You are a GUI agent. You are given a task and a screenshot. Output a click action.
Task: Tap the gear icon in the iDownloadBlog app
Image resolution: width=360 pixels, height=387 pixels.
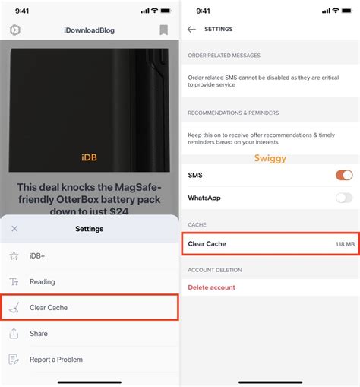[x=14, y=30]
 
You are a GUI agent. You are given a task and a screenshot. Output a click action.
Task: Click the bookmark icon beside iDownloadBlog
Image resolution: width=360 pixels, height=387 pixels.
[x=163, y=30]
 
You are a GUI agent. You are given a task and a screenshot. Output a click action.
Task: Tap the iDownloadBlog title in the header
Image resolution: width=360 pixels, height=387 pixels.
[x=90, y=30]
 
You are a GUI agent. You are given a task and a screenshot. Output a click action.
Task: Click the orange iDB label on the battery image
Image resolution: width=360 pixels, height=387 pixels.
[x=90, y=157]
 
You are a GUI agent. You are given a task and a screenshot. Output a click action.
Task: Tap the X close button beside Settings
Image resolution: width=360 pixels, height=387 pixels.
[x=14, y=228]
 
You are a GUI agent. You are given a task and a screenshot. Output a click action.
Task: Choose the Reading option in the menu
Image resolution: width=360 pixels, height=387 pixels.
[x=43, y=282]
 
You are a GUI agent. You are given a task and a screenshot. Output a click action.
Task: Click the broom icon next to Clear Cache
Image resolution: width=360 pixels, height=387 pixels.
[x=14, y=308]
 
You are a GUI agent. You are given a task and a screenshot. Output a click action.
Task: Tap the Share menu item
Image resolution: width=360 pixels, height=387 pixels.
[x=39, y=334]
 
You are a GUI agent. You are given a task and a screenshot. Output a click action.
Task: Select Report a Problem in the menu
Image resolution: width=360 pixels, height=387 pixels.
[x=56, y=360]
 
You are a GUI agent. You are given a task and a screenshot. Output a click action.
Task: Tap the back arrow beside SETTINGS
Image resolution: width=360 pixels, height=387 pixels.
[x=191, y=29]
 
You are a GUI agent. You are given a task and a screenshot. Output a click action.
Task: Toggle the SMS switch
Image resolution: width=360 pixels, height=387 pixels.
[x=344, y=176]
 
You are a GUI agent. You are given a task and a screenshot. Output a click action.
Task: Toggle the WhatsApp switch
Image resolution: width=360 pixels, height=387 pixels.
[x=344, y=198]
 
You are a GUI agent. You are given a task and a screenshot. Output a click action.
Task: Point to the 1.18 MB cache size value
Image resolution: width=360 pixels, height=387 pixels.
[x=344, y=244]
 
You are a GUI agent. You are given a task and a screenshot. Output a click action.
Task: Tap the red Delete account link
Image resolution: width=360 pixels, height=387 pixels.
[x=212, y=287]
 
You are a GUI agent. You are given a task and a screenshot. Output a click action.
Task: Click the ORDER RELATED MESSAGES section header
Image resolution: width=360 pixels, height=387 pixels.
[x=224, y=56]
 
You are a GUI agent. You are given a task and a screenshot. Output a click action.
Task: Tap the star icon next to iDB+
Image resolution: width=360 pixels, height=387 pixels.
[x=14, y=256]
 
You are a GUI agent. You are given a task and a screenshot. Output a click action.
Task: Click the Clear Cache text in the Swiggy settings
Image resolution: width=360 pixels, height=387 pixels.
[x=207, y=244]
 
